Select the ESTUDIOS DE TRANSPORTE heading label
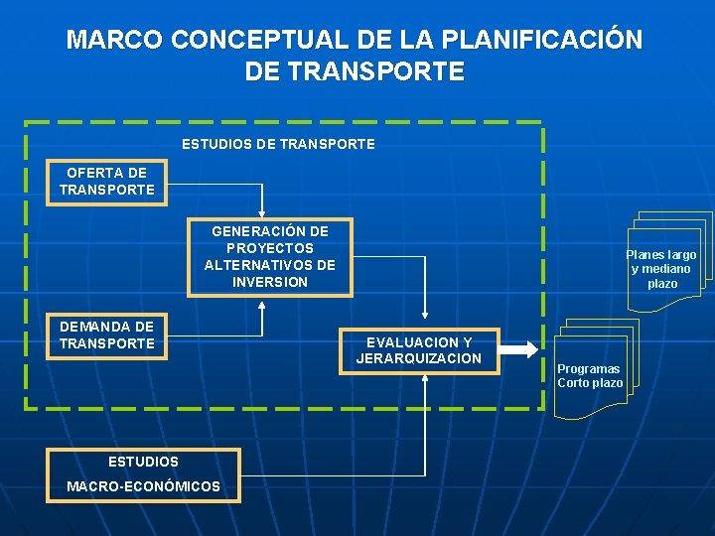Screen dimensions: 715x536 [278, 144]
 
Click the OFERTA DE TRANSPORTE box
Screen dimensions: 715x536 [107, 181]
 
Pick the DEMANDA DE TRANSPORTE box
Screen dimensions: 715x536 [107, 335]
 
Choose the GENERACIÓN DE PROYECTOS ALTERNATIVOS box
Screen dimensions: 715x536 [270, 257]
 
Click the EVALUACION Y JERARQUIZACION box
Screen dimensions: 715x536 [419, 350]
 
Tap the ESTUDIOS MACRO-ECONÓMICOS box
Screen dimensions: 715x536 [143, 474]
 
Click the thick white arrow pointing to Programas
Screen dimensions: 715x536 [517, 349]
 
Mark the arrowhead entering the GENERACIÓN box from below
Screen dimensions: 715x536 [262, 303]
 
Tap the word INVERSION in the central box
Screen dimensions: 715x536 [270, 282]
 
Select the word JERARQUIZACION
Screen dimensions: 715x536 [419, 358]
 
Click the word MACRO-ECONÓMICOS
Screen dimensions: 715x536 [143, 486]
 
